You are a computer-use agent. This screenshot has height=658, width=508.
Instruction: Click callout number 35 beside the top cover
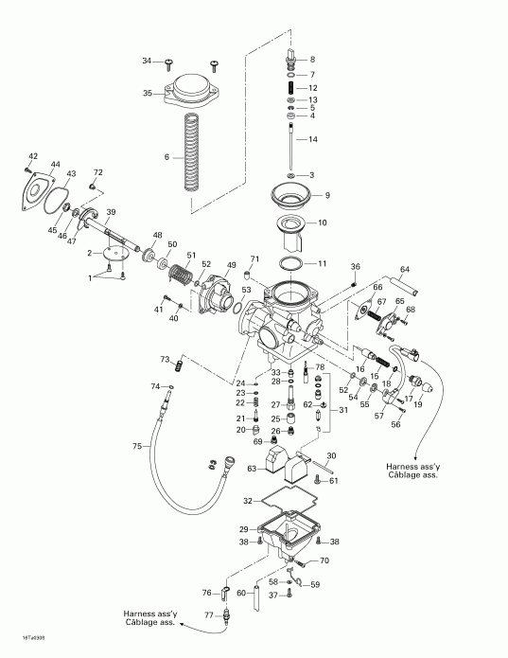tap(148, 94)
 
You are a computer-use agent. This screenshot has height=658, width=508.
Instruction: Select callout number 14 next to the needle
tap(314, 139)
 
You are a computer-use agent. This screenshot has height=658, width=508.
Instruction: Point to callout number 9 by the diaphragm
tap(326, 195)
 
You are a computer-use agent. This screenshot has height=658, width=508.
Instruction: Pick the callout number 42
tap(32, 156)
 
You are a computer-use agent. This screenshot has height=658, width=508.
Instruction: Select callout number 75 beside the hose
tap(136, 446)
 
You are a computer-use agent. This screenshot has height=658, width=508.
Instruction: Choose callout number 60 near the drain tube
tap(242, 594)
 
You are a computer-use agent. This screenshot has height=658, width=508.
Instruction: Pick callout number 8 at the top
tap(313, 59)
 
